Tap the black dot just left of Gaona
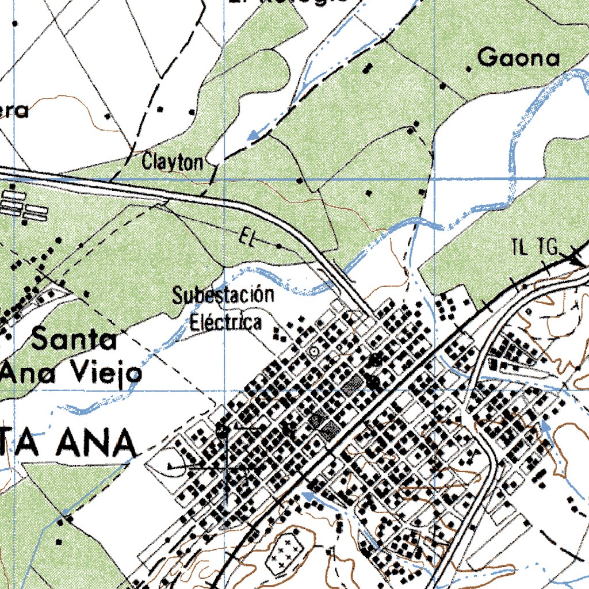click(x=469, y=69)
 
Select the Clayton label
click(x=173, y=162)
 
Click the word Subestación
click(x=223, y=296)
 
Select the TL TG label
click(x=535, y=247)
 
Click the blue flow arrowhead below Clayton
click(x=251, y=136)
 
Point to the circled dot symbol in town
click(x=313, y=350)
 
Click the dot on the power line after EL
click(x=279, y=246)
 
